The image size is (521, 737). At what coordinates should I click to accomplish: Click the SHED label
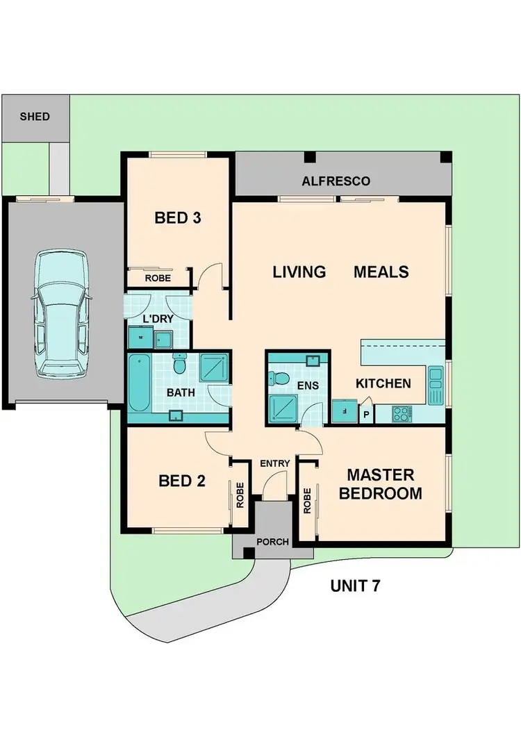35,117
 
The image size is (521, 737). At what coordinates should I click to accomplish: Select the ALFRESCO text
336,181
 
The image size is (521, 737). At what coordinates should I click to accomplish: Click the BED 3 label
177,218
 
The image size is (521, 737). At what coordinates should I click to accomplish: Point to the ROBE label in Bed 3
158,278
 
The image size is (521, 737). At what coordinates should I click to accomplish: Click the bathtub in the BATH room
138,384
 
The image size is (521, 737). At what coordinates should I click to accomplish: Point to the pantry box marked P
366,414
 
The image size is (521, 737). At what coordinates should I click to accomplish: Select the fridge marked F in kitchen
342,411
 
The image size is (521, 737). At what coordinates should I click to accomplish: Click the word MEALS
381,272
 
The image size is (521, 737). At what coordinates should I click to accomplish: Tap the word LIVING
299,272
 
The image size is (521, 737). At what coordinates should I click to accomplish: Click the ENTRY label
274,463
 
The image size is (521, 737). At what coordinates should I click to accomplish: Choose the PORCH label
272,542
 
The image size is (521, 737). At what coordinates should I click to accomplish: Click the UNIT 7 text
354,585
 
